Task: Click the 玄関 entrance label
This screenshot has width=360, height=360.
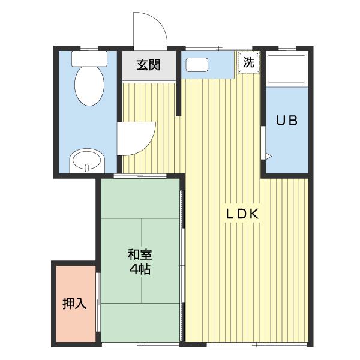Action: click(x=148, y=65)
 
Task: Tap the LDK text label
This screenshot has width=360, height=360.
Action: click(x=242, y=214)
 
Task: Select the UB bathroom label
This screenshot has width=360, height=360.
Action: click(x=287, y=121)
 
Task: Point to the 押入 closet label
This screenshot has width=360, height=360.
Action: click(x=74, y=304)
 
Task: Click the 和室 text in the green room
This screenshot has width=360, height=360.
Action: click(x=140, y=254)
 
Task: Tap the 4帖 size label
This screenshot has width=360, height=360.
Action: click(x=140, y=269)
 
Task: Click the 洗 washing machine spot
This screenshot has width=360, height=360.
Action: click(x=249, y=62)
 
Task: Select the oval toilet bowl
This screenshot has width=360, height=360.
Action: click(x=89, y=86)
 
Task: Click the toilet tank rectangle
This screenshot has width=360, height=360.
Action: click(x=89, y=59)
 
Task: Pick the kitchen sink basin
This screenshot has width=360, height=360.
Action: click(x=197, y=65)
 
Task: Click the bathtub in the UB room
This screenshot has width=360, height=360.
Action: click(x=287, y=69)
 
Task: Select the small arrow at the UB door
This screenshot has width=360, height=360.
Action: click(x=268, y=156)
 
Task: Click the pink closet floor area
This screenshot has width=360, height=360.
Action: click(x=76, y=304)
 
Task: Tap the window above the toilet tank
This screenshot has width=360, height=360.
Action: click(x=89, y=48)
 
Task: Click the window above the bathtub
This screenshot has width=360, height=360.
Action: click(x=287, y=48)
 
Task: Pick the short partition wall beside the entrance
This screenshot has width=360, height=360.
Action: click(x=179, y=83)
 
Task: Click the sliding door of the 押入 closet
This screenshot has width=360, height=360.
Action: click(x=98, y=302)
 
